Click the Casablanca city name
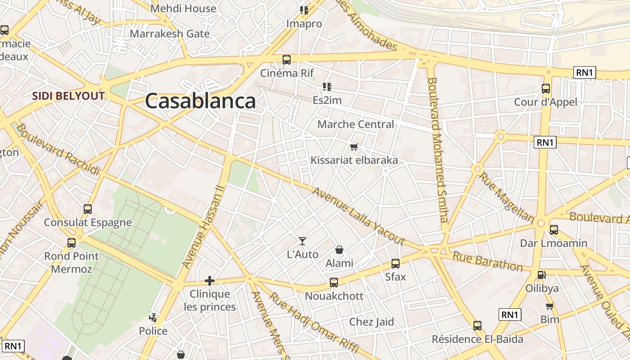point(200,101)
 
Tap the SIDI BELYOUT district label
point(68,96)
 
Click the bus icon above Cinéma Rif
point(287,60)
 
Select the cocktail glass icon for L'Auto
point(302,241)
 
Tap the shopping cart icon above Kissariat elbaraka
point(354,147)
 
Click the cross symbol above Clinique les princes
point(209,281)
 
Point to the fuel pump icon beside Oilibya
point(542,274)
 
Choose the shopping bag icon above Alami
point(339,250)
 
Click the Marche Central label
point(355,124)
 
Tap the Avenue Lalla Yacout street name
point(358,216)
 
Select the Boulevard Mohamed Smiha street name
point(438,150)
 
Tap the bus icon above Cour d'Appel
point(546,89)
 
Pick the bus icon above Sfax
point(395,264)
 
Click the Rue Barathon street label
point(487,261)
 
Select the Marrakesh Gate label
point(170,34)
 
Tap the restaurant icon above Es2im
point(327,86)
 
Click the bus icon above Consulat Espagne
point(88,209)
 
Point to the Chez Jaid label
point(372,322)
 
